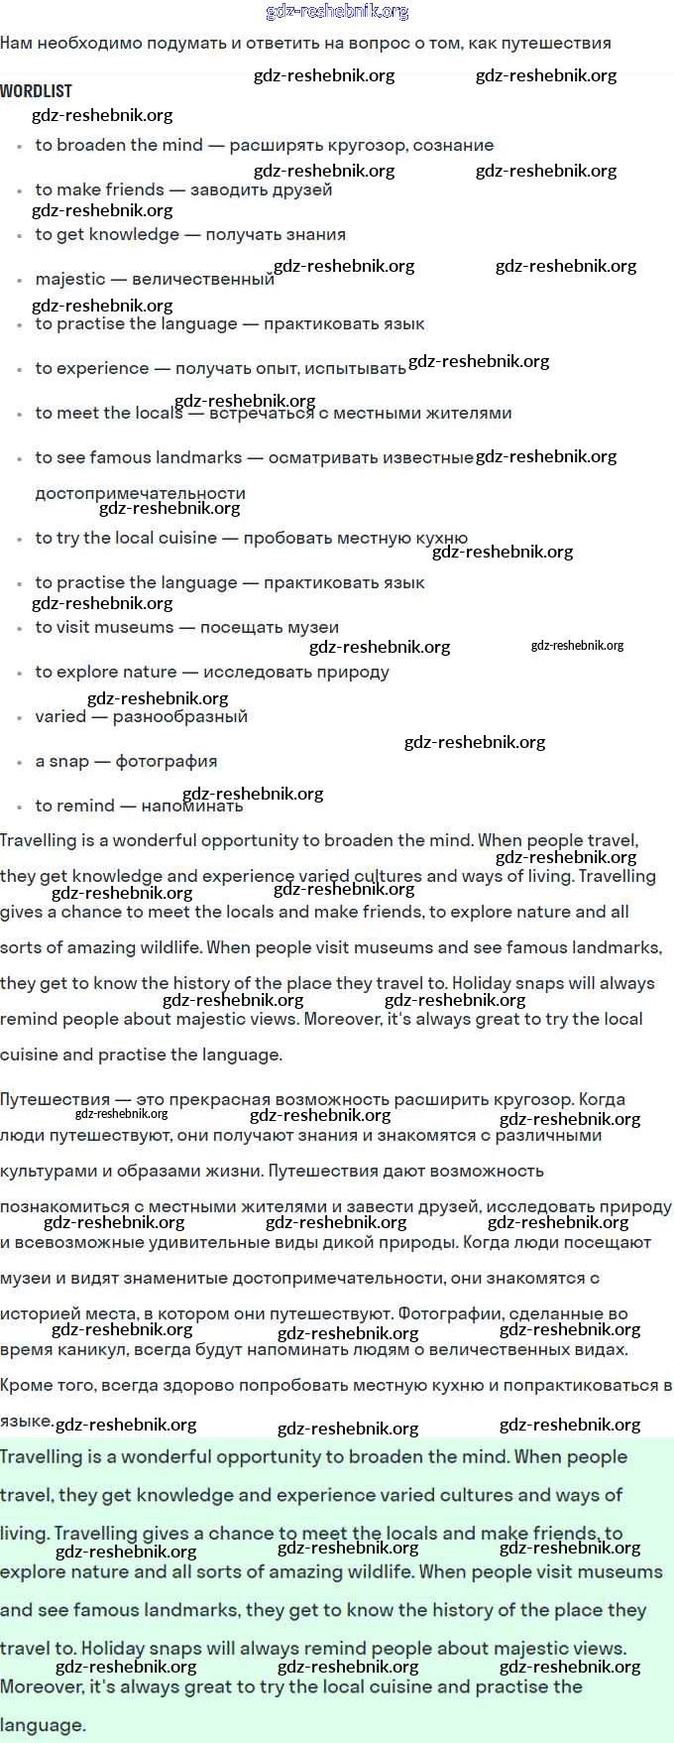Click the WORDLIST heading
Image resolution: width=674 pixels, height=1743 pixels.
[36, 91]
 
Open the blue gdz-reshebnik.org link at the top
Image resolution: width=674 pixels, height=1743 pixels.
[337, 12]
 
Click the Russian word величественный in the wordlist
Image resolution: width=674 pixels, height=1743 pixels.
[202, 280]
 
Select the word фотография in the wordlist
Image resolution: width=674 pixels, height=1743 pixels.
[167, 761]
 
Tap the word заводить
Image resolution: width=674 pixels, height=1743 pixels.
[227, 189]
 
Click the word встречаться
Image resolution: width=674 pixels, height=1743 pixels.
[262, 414]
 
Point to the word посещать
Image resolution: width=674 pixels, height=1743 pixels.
[235, 627]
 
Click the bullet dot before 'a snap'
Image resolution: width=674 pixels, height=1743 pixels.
[20, 763]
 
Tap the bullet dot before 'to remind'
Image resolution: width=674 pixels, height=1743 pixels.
[20, 808]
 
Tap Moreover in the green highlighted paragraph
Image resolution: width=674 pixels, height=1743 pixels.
[41, 1686]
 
